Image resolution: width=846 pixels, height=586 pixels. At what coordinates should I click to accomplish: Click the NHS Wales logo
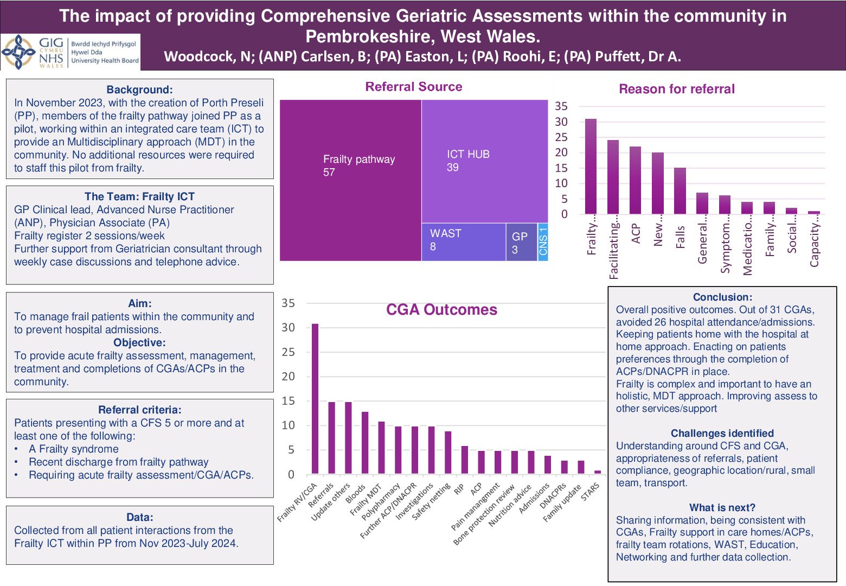[70, 52]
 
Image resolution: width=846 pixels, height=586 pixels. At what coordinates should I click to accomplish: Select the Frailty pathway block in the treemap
[350, 180]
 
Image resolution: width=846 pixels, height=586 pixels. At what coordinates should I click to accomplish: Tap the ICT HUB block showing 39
[484, 161]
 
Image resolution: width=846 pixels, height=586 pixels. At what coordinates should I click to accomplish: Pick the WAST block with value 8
[464, 241]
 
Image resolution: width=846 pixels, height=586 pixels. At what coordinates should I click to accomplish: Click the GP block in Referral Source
[521, 242]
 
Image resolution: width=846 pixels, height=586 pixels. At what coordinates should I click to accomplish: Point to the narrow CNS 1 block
[543, 241]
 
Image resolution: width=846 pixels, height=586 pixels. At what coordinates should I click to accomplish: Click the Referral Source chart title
[414, 87]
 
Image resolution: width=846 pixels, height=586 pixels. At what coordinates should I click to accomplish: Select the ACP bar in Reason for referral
[635, 180]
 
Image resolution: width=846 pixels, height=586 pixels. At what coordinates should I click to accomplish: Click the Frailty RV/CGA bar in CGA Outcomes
[315, 399]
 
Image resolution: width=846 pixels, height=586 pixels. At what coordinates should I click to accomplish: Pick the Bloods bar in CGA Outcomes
[365, 443]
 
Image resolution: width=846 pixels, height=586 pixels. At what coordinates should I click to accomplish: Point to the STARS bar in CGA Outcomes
[598, 472]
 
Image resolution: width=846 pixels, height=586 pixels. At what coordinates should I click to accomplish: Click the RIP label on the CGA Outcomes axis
[459, 489]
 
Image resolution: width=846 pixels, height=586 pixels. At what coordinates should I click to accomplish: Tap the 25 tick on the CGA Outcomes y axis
[288, 352]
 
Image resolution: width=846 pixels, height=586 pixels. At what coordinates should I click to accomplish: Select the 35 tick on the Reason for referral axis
[561, 106]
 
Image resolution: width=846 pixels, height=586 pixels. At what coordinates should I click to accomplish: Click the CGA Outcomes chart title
[441, 310]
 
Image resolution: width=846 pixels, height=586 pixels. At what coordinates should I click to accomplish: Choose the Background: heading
[139, 90]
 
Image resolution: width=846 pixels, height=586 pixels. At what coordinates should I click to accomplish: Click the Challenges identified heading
[722, 434]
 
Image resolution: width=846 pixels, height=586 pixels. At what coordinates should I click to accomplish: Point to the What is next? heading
[722, 508]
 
